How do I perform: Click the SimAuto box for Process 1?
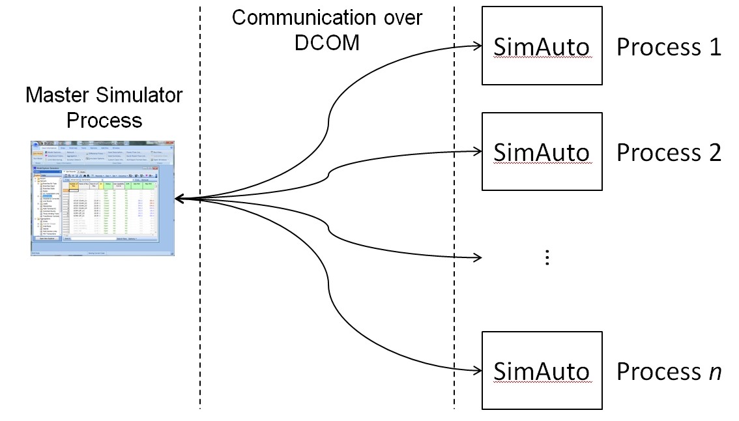click(x=542, y=46)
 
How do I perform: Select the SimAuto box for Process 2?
click(x=542, y=152)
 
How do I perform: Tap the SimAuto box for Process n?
click(x=542, y=371)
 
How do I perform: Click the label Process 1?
click(x=669, y=47)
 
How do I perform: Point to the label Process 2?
click(x=669, y=152)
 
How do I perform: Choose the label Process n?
click(x=669, y=371)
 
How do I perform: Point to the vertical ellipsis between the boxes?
click(x=547, y=257)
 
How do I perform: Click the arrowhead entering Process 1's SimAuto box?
click(x=476, y=46)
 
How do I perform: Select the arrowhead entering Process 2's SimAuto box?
click(x=476, y=152)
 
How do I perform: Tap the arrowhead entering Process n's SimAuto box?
click(x=476, y=371)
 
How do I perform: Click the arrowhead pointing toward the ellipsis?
click(x=476, y=257)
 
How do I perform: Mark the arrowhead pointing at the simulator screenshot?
click(x=180, y=198)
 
